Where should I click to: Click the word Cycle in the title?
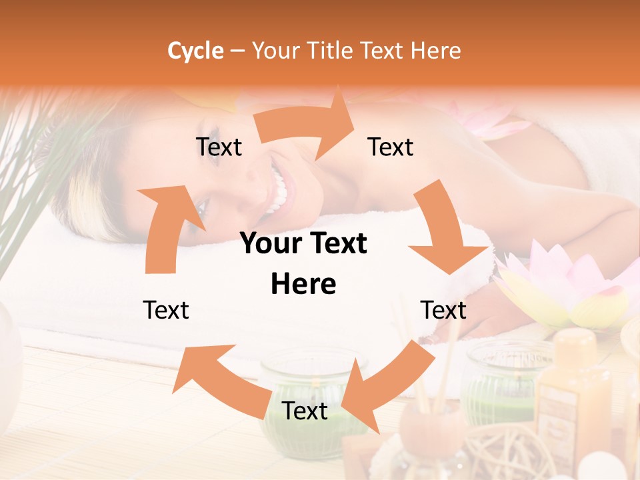coord(195,51)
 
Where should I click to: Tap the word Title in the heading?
coord(331,51)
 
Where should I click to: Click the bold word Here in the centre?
coord(303,284)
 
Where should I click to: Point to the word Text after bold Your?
coord(336,244)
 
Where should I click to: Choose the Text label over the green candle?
coord(305,411)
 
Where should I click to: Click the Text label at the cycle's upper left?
coord(219,147)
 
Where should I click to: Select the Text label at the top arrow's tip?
coord(391,147)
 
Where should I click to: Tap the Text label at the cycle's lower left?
coord(166,310)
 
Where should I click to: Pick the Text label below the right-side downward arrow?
coord(443,310)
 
